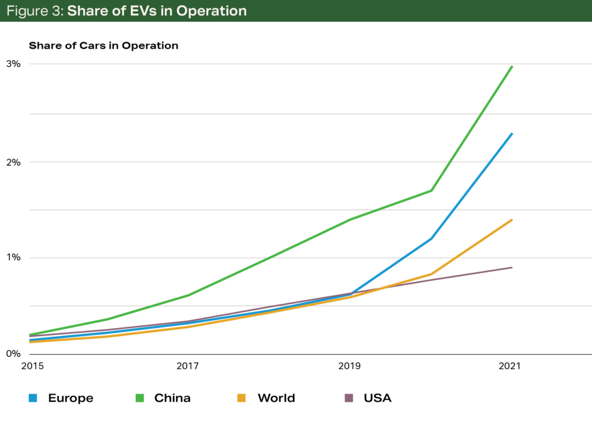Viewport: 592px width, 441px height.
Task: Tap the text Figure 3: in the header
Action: [34, 11]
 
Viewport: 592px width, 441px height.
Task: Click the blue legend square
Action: [33, 398]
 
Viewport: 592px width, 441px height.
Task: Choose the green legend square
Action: [140, 398]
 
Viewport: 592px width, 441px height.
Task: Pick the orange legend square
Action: [241, 398]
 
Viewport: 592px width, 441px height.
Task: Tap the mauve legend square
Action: [349, 398]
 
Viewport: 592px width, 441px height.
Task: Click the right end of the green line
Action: [512, 67]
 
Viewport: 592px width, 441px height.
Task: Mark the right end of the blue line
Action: [512, 134]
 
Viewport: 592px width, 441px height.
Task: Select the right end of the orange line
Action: [512, 220]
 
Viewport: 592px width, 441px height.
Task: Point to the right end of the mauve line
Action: [512, 267]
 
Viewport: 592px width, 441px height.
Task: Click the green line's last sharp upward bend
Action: [431, 190]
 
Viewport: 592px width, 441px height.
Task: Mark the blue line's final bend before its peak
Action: [431, 238]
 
